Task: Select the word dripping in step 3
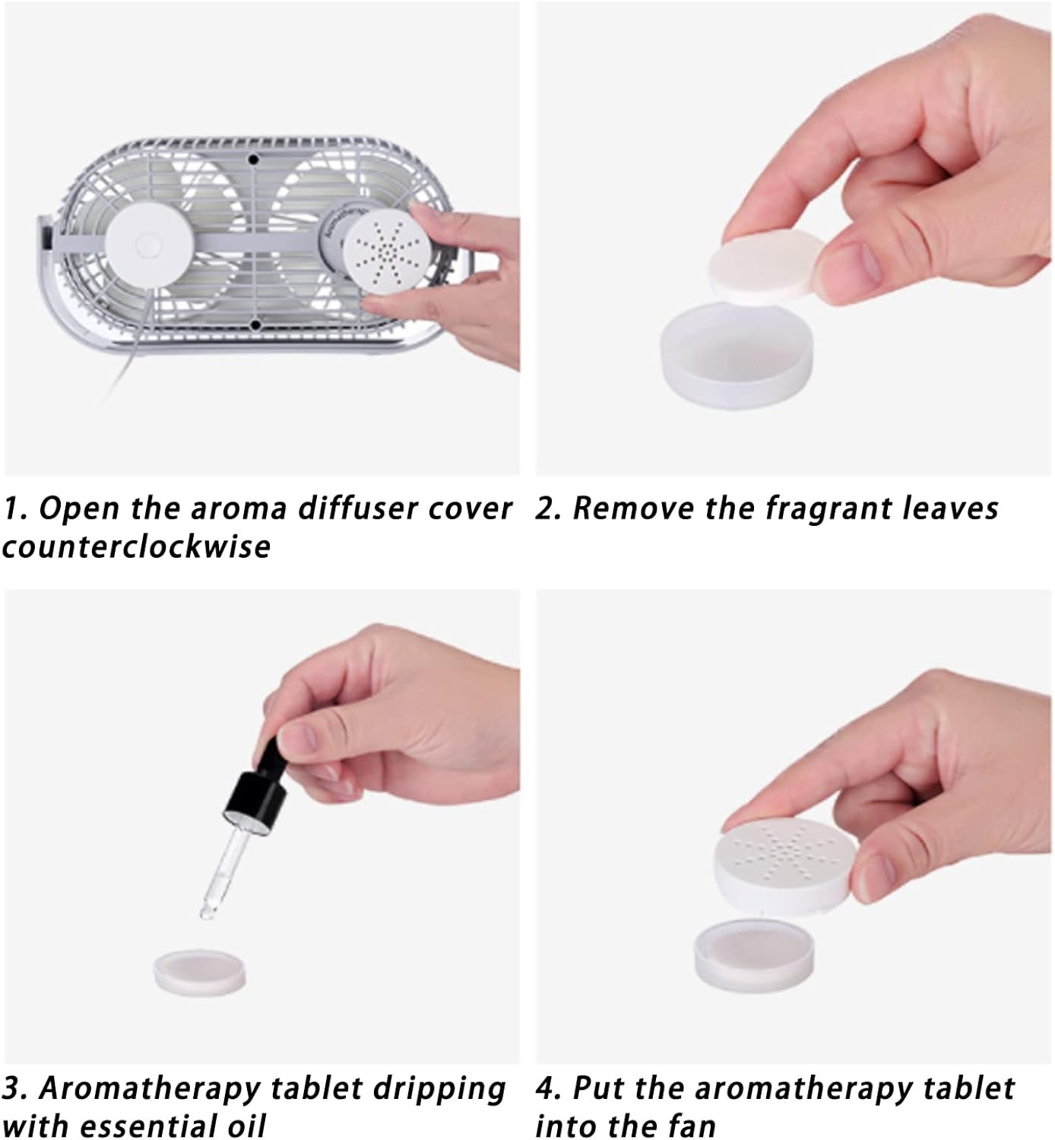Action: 439,1090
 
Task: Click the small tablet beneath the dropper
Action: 199,972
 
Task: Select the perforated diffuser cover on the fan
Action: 389,251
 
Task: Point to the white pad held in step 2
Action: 767,264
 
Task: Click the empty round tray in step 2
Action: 737,355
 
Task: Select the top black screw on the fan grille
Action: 253,159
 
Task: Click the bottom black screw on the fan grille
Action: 255,325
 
